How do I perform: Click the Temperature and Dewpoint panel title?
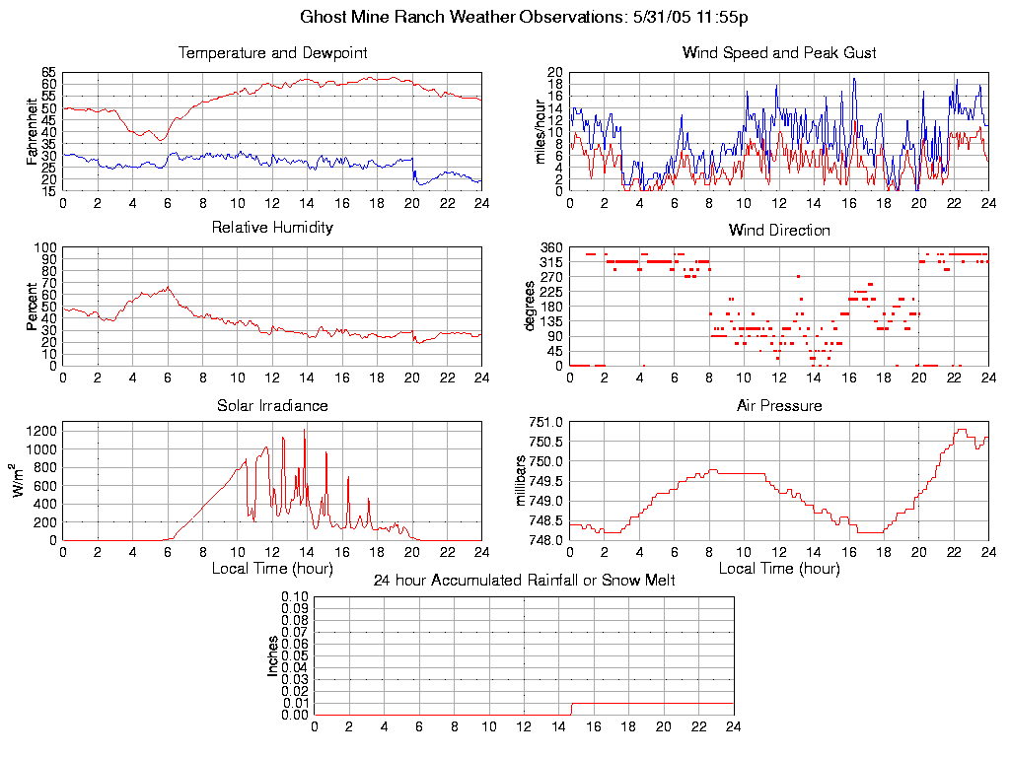272,53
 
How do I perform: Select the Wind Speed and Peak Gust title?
779,53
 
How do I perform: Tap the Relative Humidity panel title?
272,228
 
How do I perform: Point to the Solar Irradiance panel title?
272,405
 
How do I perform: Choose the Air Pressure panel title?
779,405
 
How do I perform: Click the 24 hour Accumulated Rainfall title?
524,581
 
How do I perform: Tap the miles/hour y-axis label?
540,131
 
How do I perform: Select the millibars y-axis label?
522,481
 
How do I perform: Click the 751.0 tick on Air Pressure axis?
550,422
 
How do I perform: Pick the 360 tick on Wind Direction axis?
550,247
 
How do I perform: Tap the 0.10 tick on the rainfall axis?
295,596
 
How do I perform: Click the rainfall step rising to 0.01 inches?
572,709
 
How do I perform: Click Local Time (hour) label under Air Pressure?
779,569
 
